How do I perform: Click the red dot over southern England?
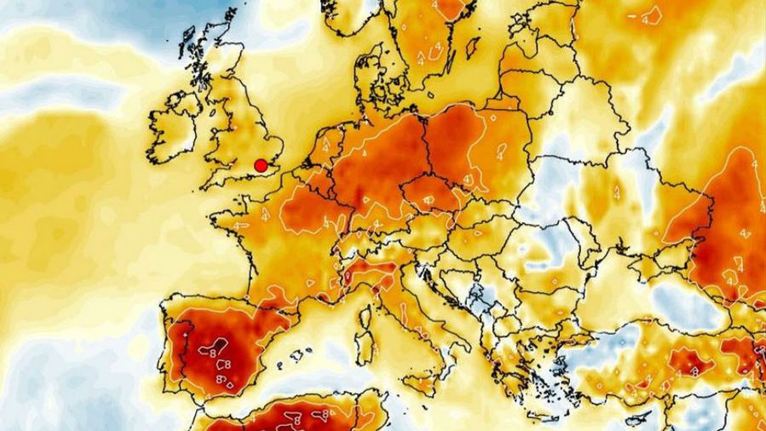click(261, 165)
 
